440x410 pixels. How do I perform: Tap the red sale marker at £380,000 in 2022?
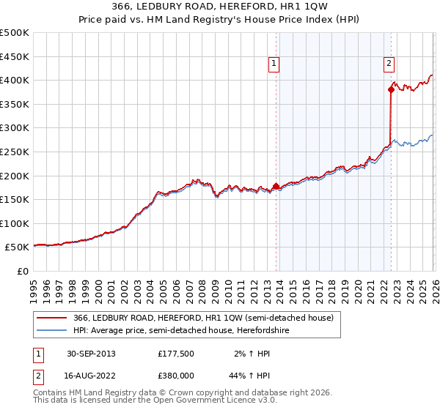click(391, 90)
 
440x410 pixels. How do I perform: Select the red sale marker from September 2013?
click(276, 186)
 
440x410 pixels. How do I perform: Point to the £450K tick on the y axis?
click(15, 56)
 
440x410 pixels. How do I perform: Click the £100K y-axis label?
click(15, 224)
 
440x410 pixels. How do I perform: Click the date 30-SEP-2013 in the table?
click(91, 354)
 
